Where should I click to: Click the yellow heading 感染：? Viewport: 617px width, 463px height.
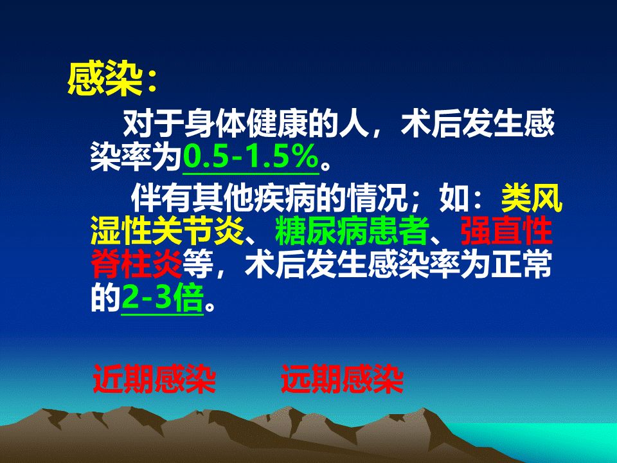pyautogui.click(x=112, y=81)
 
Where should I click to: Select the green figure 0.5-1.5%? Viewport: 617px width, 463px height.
pyautogui.click(x=251, y=157)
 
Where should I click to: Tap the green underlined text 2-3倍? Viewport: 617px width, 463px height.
pyautogui.click(x=162, y=298)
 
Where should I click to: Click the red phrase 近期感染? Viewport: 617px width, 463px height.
pyautogui.click(x=154, y=379)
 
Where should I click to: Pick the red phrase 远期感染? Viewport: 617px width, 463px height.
pyautogui.click(x=343, y=379)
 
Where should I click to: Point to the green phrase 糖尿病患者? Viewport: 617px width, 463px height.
pyautogui.click(x=352, y=231)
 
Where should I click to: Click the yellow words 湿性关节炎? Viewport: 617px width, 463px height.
pyautogui.click(x=168, y=231)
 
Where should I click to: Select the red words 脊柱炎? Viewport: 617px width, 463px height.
pyautogui.click(x=136, y=264)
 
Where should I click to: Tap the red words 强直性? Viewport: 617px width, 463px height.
pyautogui.click(x=506, y=231)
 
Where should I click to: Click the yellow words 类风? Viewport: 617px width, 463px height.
pyautogui.click(x=532, y=197)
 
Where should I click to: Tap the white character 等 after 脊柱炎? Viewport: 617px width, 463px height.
pyautogui.click(x=199, y=264)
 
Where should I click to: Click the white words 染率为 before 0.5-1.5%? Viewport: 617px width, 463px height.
pyautogui.click(x=136, y=157)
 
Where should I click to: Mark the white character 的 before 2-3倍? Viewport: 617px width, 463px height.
pyautogui.click(x=105, y=298)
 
